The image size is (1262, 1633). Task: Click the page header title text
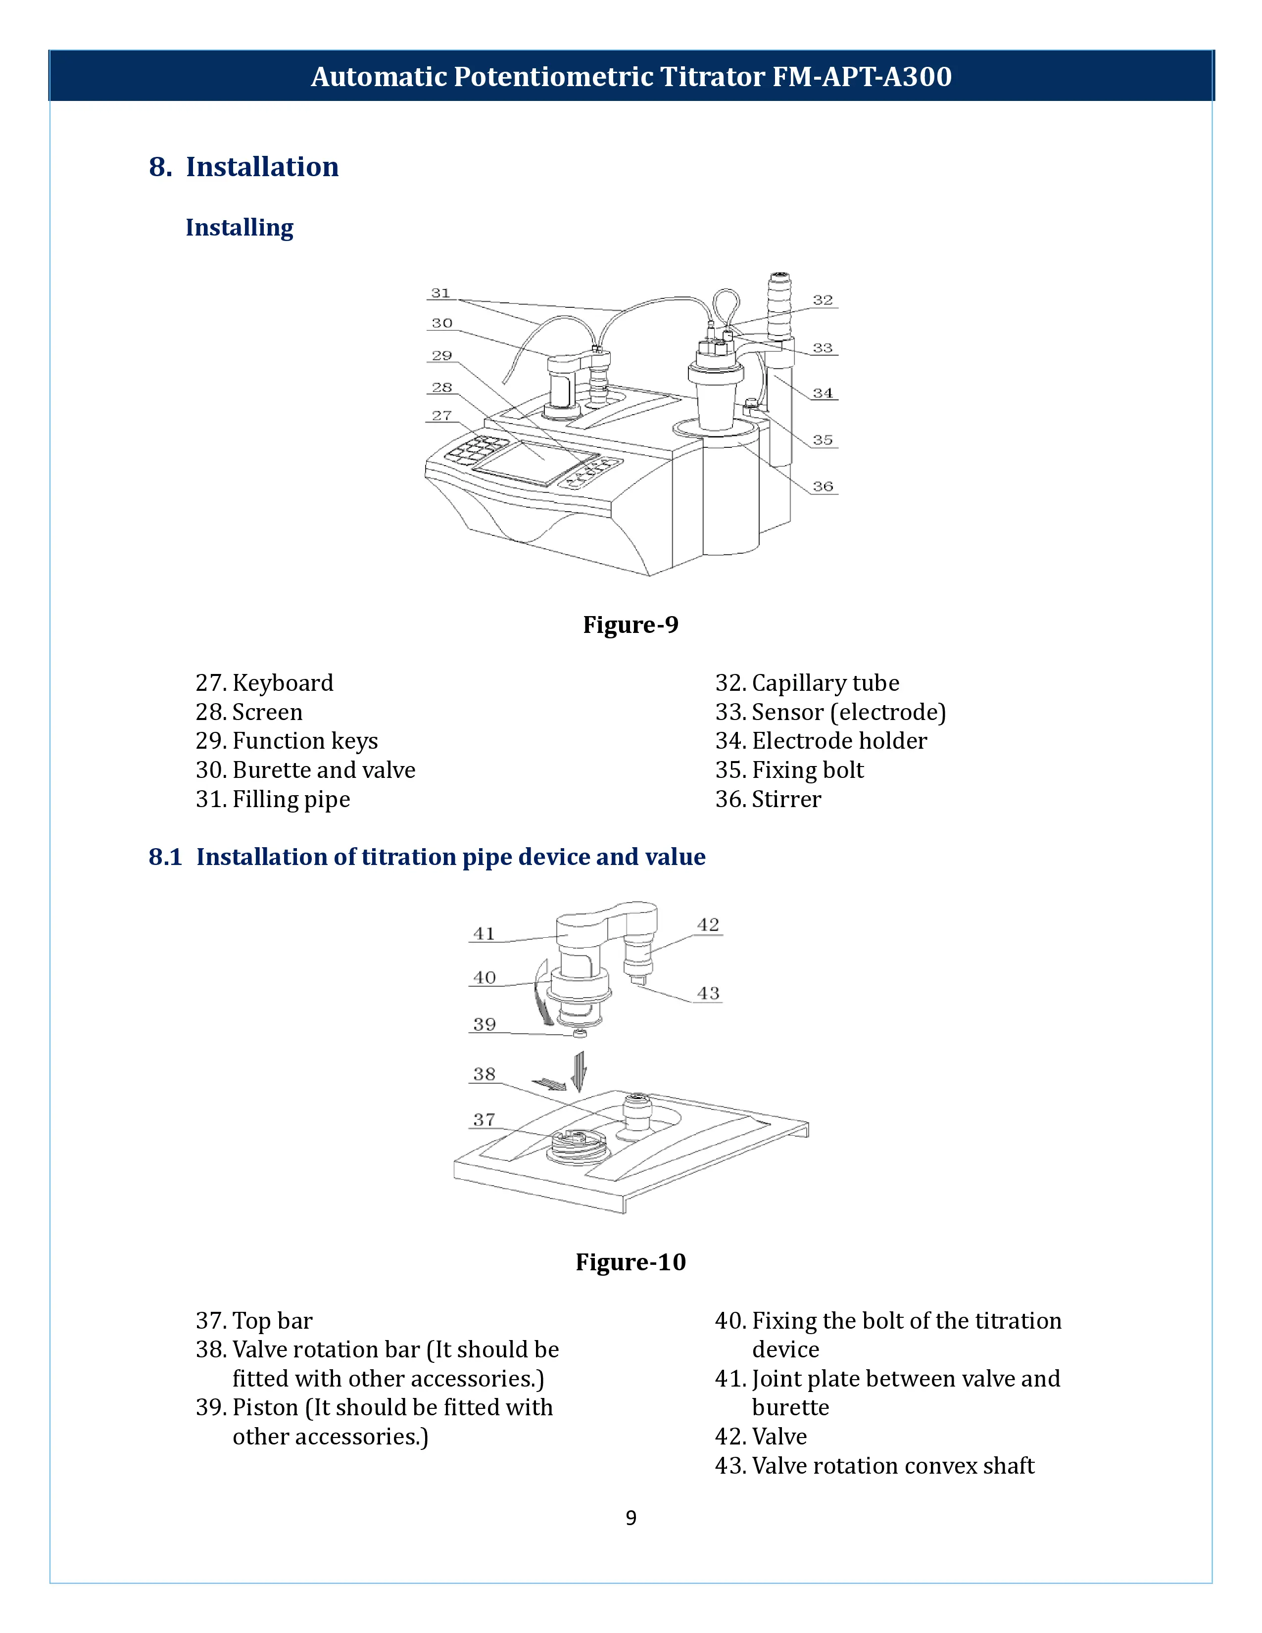click(x=631, y=76)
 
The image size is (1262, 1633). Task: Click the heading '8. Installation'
click(x=243, y=167)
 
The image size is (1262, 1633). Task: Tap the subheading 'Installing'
click(x=239, y=227)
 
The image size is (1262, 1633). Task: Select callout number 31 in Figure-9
click(x=440, y=293)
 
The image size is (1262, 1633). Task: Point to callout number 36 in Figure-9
click(x=823, y=486)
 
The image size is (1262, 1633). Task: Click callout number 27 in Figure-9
click(x=441, y=415)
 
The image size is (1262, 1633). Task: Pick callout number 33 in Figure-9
click(x=823, y=348)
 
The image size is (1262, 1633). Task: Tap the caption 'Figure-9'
click(x=630, y=624)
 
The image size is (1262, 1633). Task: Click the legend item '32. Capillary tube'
click(x=807, y=683)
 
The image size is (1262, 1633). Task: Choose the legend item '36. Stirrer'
click(x=768, y=799)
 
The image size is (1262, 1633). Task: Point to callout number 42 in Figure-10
click(x=708, y=925)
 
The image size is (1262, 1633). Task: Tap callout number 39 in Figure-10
click(x=485, y=1024)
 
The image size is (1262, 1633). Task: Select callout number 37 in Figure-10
click(x=485, y=1119)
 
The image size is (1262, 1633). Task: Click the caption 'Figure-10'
click(x=630, y=1262)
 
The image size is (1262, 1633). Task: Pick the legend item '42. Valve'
click(x=760, y=1437)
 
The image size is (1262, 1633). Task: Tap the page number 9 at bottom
click(x=631, y=1518)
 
